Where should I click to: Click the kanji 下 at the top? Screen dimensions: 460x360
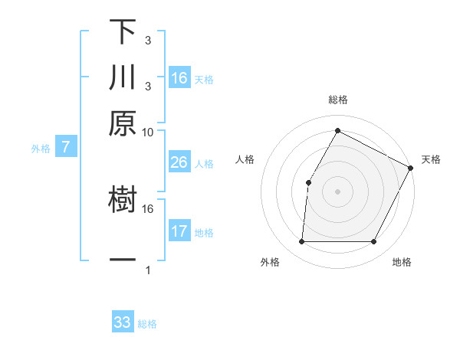[123, 32]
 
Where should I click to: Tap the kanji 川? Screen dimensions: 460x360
[123, 78]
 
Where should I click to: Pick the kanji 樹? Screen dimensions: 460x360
[123, 201]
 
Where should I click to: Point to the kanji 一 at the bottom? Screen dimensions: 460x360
[123, 260]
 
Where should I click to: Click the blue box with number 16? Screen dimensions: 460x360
[179, 77]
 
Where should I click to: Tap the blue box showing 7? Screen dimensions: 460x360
[66, 147]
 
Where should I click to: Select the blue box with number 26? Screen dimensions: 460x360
[179, 162]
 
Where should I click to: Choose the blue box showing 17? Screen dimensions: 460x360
[179, 231]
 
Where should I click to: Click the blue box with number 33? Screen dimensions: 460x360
[123, 322]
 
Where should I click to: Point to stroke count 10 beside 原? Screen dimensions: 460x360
[148, 131]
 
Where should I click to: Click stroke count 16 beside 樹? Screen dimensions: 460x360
[148, 208]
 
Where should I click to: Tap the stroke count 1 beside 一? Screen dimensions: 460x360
[148, 270]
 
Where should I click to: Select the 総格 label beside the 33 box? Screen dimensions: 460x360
[147, 324]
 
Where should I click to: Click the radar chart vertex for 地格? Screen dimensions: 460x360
[373, 242]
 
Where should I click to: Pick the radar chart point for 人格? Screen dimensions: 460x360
[308, 182]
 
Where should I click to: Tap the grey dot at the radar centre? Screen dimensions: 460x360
[337, 191]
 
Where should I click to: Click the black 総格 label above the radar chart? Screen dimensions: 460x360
[337, 100]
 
